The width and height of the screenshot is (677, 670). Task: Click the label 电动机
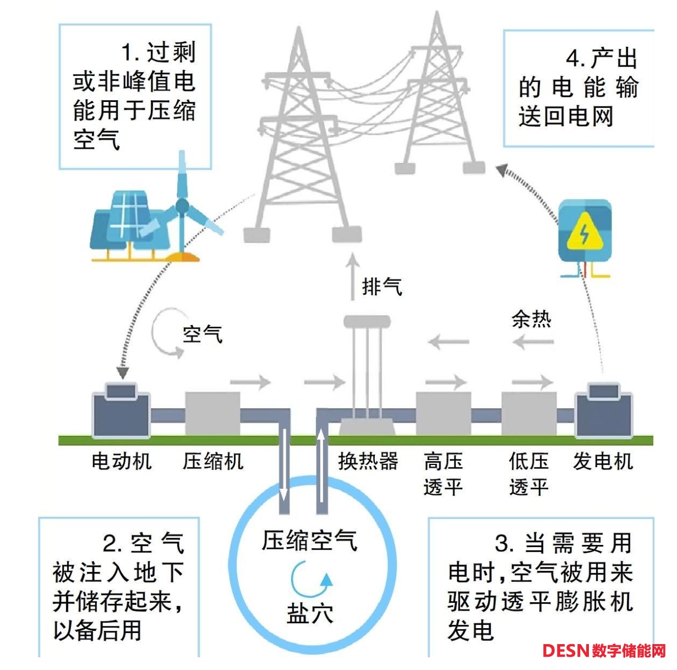click(x=121, y=461)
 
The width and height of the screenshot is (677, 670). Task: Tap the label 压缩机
click(x=213, y=461)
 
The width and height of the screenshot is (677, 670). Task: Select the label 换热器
click(x=368, y=461)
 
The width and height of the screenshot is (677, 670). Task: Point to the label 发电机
click(x=603, y=461)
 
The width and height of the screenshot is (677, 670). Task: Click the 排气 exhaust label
click(x=382, y=287)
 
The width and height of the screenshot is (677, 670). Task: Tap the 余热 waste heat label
click(x=531, y=319)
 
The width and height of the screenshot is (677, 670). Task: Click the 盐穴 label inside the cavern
click(x=310, y=613)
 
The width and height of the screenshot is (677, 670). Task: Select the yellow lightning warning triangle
click(x=585, y=234)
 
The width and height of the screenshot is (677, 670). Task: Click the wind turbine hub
click(x=182, y=207)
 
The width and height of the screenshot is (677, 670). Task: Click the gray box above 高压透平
click(x=443, y=414)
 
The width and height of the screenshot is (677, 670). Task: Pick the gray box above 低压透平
click(x=528, y=414)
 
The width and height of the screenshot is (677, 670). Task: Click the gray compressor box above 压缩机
click(x=212, y=414)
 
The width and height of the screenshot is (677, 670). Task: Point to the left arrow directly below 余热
click(x=532, y=343)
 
